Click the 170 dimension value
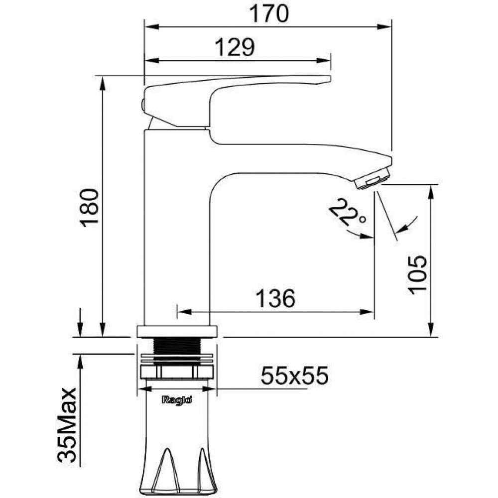click(269, 13)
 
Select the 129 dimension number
click(235, 47)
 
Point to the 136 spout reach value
click(275, 298)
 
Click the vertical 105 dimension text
click(417, 274)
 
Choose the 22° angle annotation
click(347, 212)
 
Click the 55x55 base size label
click(294, 375)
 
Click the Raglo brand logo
click(177, 400)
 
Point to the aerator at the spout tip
click(373, 179)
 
